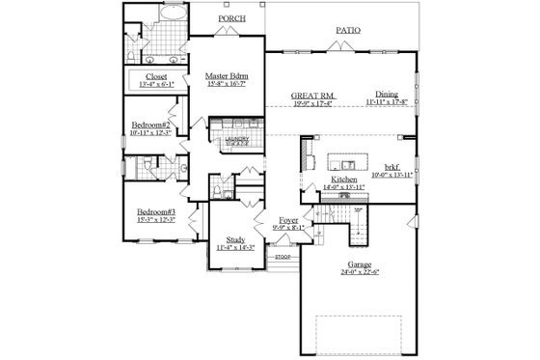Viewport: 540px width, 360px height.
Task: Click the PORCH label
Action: click(x=230, y=18)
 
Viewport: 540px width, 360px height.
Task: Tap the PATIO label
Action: click(x=348, y=31)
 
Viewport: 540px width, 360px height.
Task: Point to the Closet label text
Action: click(x=156, y=75)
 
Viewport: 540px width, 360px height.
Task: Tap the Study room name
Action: click(x=235, y=238)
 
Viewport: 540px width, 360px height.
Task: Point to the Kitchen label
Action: click(x=345, y=180)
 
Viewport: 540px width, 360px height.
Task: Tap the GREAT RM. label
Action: click(x=312, y=96)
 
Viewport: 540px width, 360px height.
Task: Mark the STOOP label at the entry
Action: click(x=283, y=258)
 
